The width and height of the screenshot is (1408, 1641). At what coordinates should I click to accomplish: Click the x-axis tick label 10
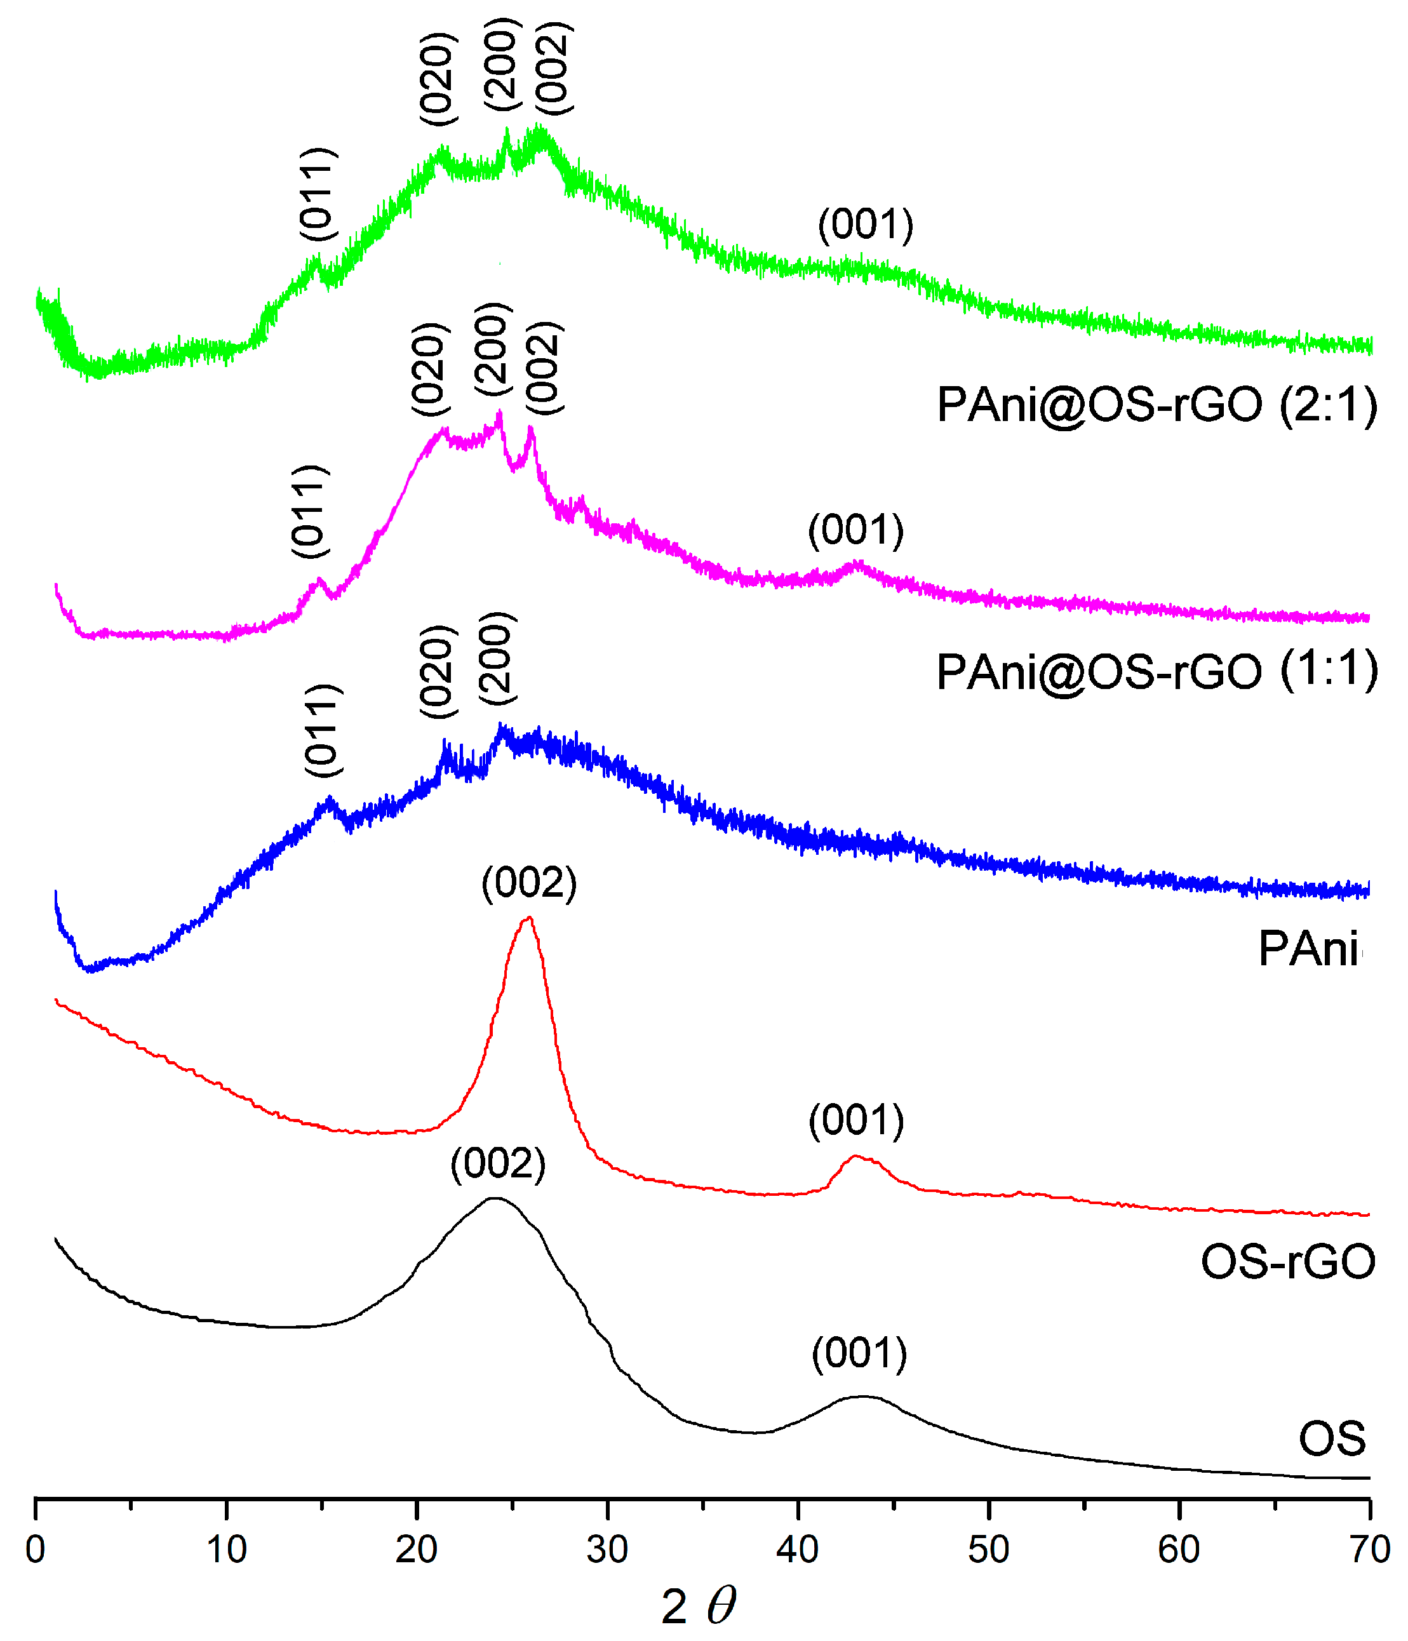click(227, 1549)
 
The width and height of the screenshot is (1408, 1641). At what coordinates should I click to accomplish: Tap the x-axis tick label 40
click(798, 1549)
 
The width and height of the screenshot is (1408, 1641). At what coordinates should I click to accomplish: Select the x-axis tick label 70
click(1369, 1549)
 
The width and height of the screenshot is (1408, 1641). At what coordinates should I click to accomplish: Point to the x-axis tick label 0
click(36, 1549)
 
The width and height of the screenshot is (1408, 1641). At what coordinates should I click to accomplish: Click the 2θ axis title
click(699, 1606)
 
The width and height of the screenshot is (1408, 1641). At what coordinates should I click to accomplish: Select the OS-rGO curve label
click(1287, 1262)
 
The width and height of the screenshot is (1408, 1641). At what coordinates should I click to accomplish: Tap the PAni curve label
click(1310, 949)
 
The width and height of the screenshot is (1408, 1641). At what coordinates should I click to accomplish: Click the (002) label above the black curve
click(498, 1164)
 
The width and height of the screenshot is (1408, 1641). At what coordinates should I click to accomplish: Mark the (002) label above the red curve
click(529, 883)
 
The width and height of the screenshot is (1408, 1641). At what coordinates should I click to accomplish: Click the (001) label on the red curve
click(856, 1121)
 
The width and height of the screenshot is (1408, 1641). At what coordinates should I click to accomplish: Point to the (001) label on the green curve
click(866, 224)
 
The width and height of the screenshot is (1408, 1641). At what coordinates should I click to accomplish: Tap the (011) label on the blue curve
click(324, 730)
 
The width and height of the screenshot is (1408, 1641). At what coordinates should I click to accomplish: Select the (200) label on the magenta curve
click(493, 349)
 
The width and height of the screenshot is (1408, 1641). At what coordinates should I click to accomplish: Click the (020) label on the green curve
click(439, 78)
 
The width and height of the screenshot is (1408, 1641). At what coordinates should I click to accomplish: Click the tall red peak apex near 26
click(528, 919)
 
